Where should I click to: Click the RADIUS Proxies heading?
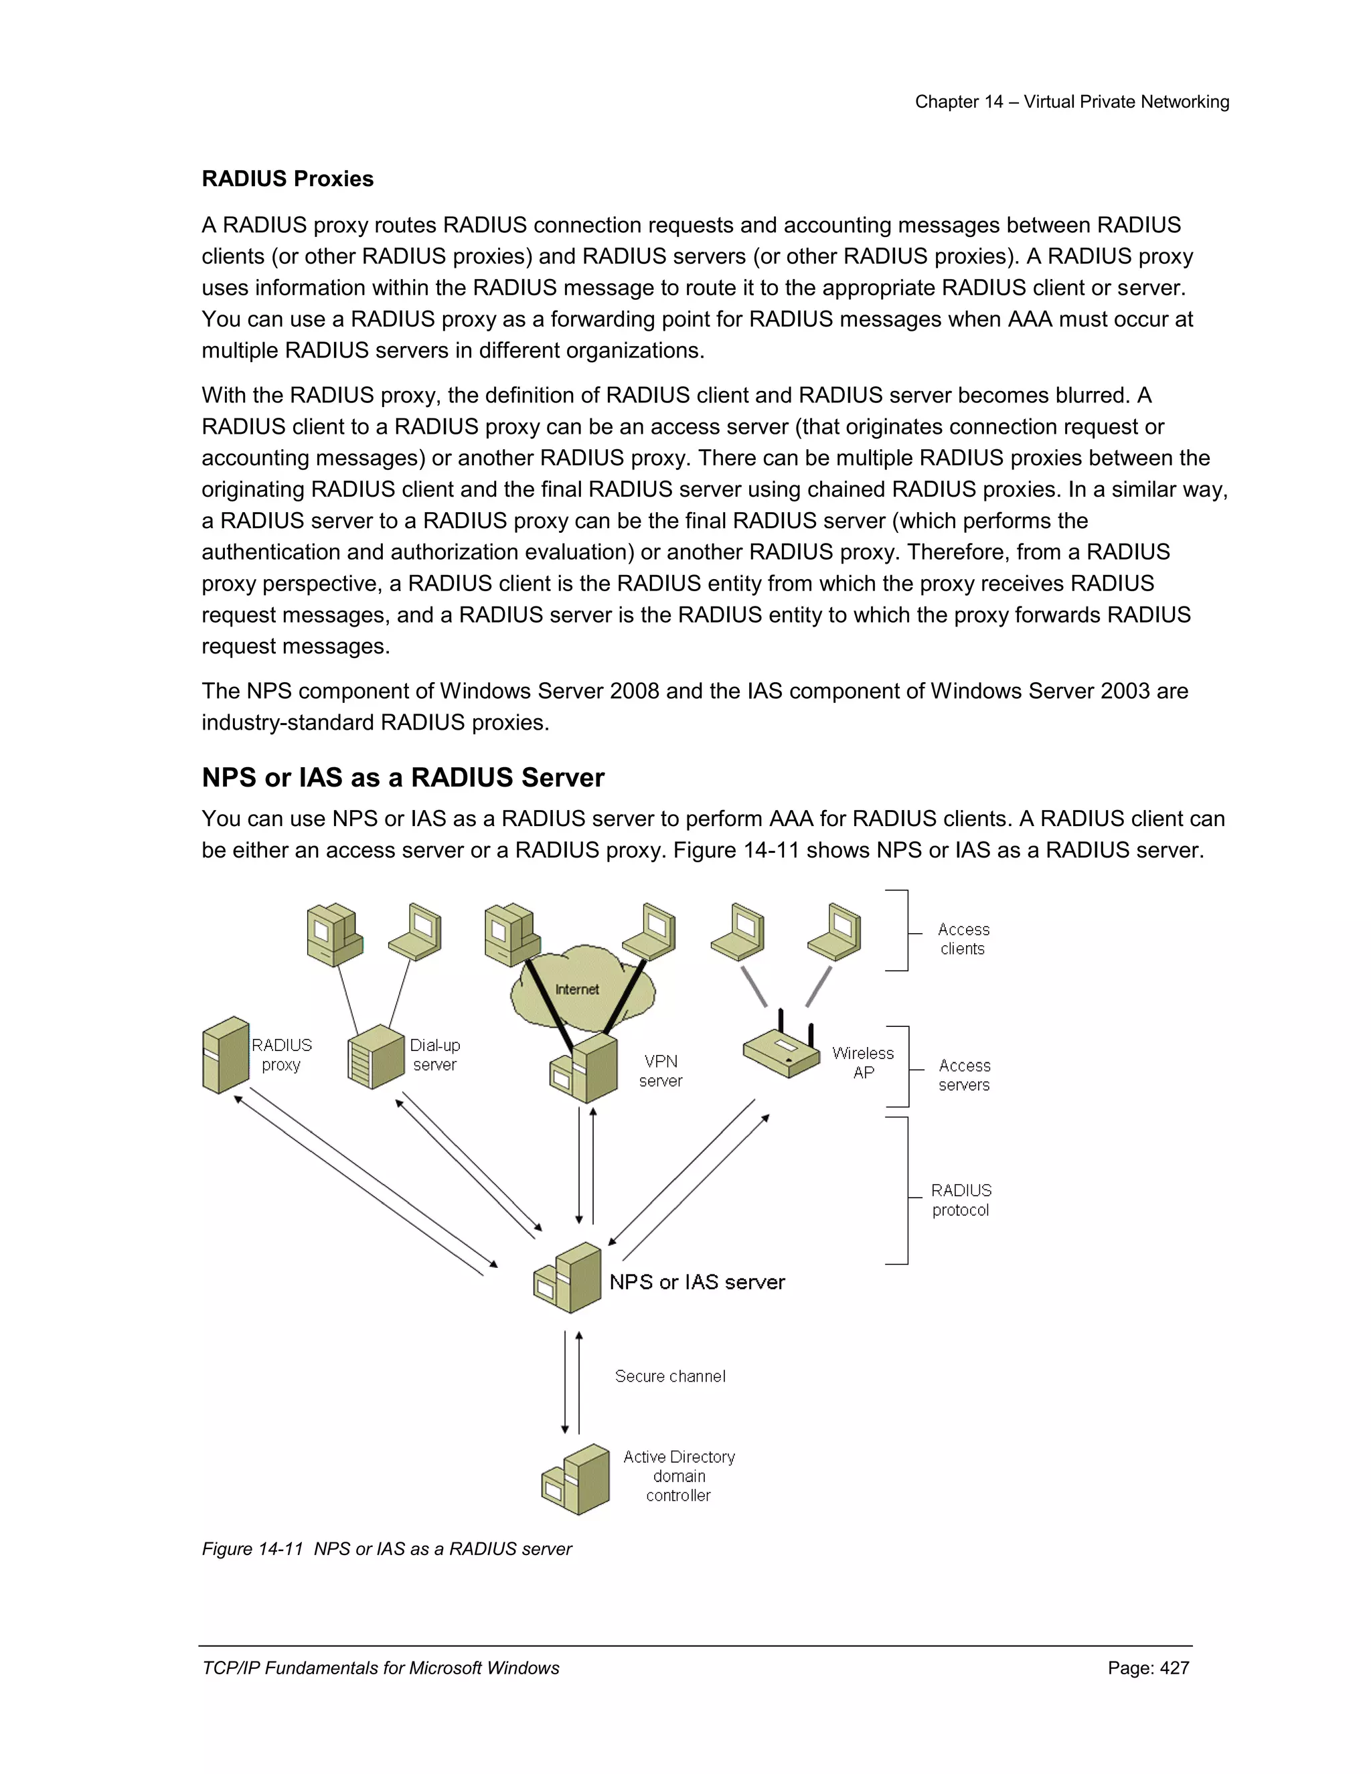pyautogui.click(x=287, y=179)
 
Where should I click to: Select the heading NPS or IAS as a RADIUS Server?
pyautogui.click(x=403, y=777)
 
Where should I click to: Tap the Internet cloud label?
pyautogui.click(x=576, y=989)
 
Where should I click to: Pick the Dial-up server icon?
pyautogui.click(x=376, y=1057)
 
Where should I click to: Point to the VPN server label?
pyautogui.click(x=660, y=1070)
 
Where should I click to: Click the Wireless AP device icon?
pyautogui.click(x=781, y=1053)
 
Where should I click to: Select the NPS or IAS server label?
pyautogui.click(x=697, y=1282)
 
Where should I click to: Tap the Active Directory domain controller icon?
pyautogui.click(x=576, y=1479)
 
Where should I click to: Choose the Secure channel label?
pyautogui.click(x=670, y=1376)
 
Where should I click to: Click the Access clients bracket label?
pyautogui.click(x=963, y=939)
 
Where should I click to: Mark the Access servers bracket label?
pyautogui.click(x=964, y=1074)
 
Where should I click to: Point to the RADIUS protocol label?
pyautogui.click(x=961, y=1200)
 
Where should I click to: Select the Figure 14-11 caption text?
pyautogui.click(x=387, y=1549)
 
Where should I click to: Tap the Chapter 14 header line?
pyautogui.click(x=1071, y=102)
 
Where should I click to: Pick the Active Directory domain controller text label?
pyautogui.click(x=679, y=1476)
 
